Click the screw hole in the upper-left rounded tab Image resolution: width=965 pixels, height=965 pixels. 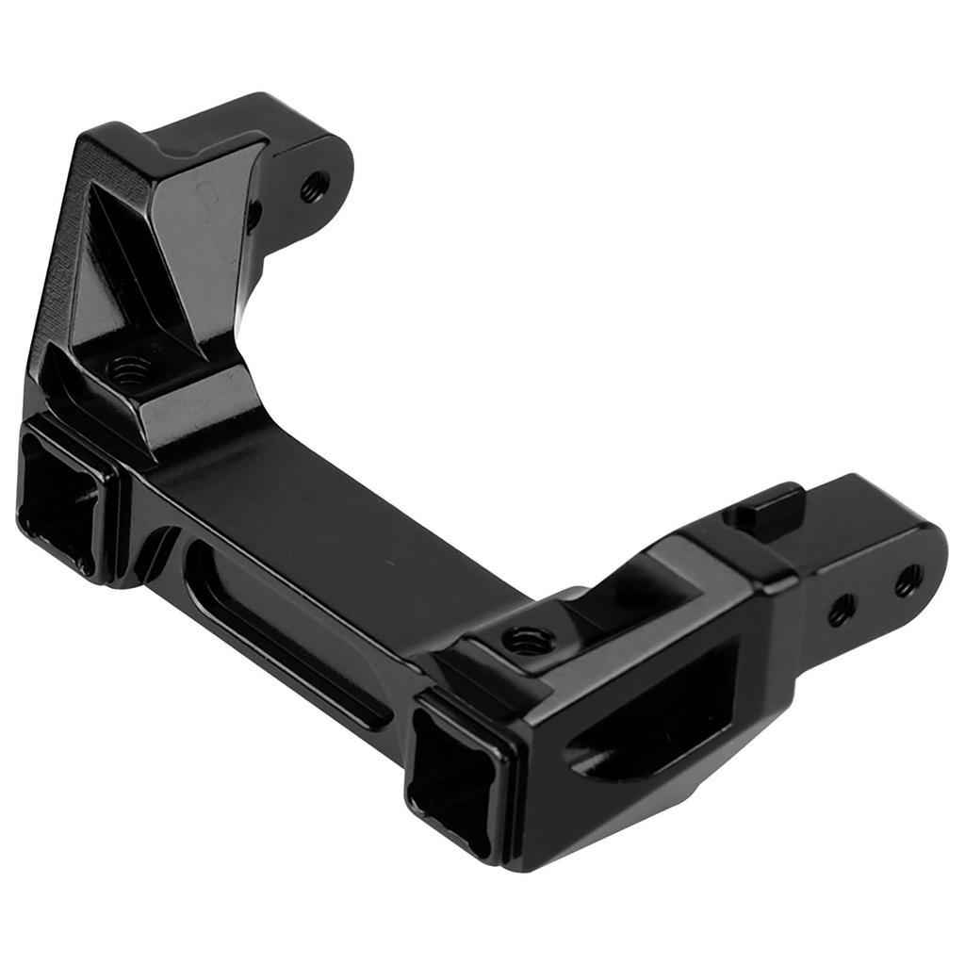315,187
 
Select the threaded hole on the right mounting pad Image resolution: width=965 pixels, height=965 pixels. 527,642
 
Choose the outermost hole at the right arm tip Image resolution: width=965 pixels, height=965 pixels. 908,581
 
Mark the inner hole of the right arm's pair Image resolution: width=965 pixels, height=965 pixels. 841,611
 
